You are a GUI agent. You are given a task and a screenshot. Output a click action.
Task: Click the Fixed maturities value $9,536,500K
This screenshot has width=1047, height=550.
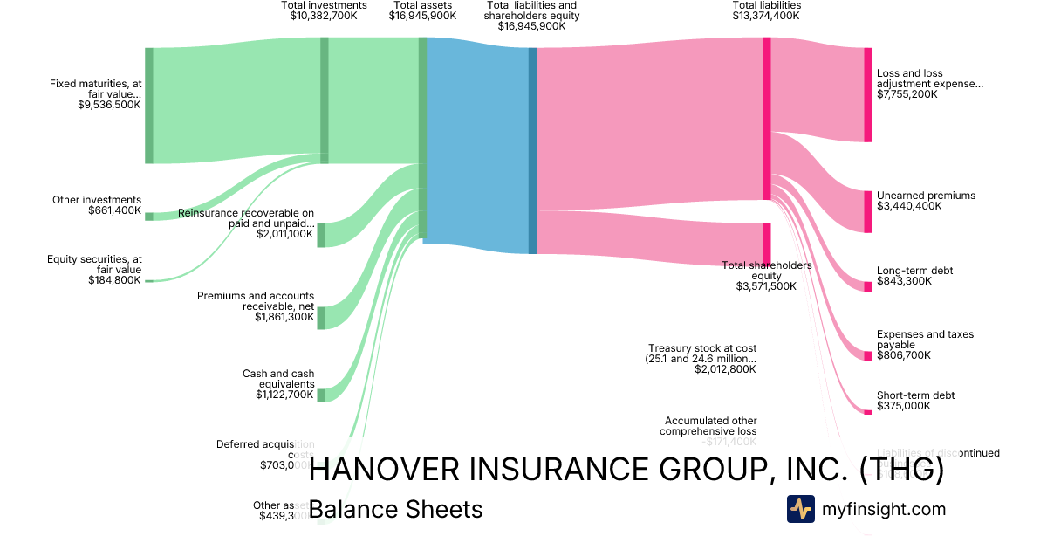coord(109,105)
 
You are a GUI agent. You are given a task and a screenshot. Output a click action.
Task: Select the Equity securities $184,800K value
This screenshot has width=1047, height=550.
coord(114,280)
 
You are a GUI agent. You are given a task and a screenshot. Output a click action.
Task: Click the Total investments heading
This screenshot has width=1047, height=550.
coord(325,5)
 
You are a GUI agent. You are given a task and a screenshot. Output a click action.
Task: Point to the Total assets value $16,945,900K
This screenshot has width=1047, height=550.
coord(422,16)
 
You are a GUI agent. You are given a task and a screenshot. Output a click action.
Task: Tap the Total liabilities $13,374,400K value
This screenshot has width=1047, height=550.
coord(766,16)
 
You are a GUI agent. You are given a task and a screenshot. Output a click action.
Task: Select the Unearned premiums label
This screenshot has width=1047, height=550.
coord(926,196)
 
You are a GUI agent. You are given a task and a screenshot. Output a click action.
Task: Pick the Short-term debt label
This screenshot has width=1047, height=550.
coord(915,395)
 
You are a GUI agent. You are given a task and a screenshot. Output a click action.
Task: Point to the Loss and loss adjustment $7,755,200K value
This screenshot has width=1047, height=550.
coord(907,94)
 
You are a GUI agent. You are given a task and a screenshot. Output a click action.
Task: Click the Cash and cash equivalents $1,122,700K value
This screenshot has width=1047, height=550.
coord(284,395)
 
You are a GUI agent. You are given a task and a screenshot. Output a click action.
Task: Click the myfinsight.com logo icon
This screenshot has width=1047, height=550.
coord(800,509)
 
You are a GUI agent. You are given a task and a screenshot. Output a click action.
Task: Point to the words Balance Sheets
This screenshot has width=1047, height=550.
coord(395,509)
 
